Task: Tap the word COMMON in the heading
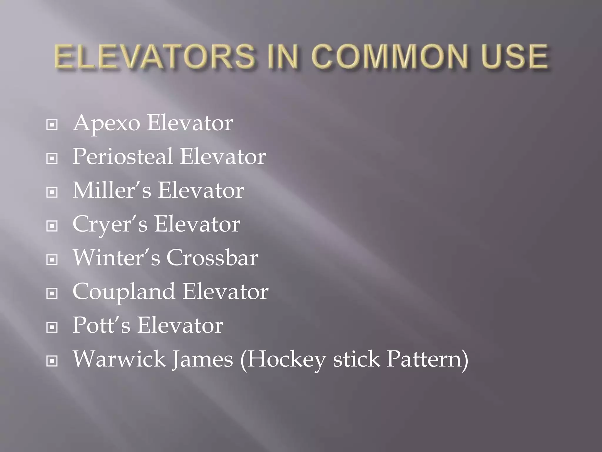(389, 56)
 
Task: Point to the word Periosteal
(123, 157)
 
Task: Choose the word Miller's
(112, 190)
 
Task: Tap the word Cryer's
(110, 224)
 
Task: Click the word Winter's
(116, 258)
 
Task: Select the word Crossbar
(212, 258)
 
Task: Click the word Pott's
(101, 325)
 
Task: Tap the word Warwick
(119, 359)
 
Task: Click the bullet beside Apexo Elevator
(52, 125)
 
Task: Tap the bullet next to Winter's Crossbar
(52, 260)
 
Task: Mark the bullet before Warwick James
(52, 361)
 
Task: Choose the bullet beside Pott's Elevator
(52, 327)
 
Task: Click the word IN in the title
(283, 56)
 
